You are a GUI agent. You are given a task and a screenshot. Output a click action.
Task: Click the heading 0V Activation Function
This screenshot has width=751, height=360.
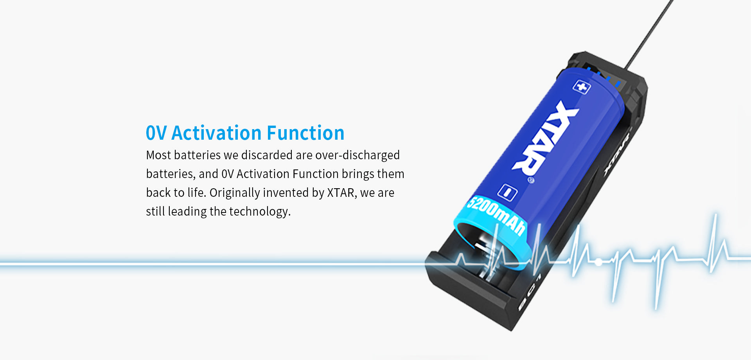tap(245, 133)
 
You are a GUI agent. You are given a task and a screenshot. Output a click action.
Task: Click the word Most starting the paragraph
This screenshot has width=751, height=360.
tap(158, 155)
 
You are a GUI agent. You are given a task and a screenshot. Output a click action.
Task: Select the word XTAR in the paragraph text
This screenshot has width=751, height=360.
tap(341, 193)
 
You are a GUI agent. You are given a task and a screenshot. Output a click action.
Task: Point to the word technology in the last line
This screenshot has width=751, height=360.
tap(260, 212)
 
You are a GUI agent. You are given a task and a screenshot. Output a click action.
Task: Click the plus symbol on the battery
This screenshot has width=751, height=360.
tap(582, 86)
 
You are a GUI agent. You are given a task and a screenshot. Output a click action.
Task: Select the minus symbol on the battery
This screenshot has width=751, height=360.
tap(507, 192)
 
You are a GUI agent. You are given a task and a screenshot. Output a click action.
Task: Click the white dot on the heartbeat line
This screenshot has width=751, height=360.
tap(598, 262)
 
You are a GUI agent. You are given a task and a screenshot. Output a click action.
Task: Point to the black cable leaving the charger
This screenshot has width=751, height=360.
tap(649, 35)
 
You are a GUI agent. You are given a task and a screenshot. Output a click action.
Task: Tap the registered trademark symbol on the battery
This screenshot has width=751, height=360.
tap(530, 180)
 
